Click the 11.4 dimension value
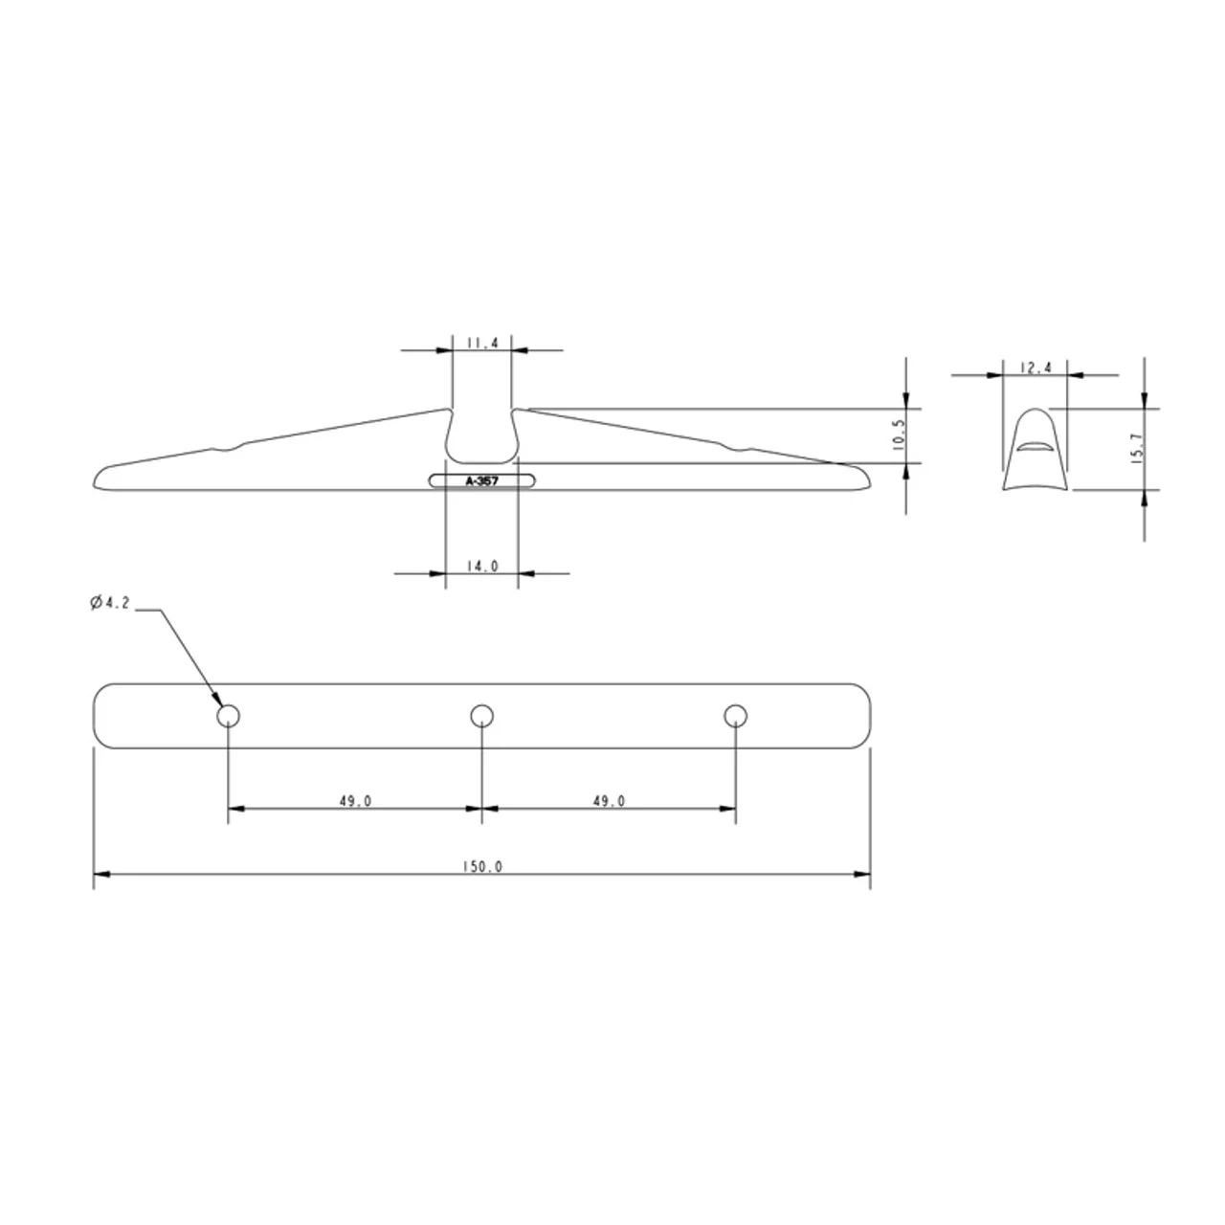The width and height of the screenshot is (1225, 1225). pyautogui.click(x=482, y=344)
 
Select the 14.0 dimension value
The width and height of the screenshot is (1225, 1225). pyautogui.click(x=482, y=566)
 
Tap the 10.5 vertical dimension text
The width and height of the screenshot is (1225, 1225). pyautogui.click(x=898, y=435)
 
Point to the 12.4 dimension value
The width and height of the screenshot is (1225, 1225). pyautogui.click(x=1036, y=367)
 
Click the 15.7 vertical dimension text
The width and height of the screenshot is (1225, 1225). pyautogui.click(x=1137, y=449)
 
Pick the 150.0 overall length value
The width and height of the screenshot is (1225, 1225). pyautogui.click(x=482, y=867)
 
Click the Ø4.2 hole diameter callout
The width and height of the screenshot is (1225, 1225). pyautogui.click(x=110, y=603)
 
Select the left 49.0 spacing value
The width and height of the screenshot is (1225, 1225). pyautogui.click(x=355, y=801)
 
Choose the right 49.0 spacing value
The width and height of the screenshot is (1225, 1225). pyautogui.click(x=609, y=801)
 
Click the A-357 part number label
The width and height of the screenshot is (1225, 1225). pyautogui.click(x=481, y=481)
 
